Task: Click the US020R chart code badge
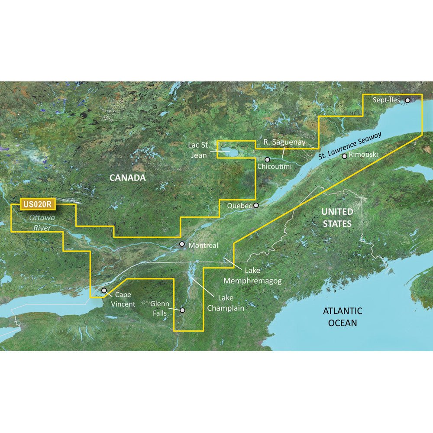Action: click(35, 203)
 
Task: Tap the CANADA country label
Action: click(127, 178)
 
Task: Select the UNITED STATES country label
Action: click(337, 217)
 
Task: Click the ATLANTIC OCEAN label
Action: click(342, 317)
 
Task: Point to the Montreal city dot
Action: click(182, 244)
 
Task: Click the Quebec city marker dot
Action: click(256, 206)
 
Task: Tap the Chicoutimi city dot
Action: click(268, 159)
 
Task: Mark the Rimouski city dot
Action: click(344, 156)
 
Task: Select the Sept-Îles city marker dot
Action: click(407, 100)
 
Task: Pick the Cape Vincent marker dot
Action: click(104, 291)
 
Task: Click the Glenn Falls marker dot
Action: click(183, 310)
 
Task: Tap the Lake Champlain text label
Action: click(225, 303)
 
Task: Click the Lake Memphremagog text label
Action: click(252, 276)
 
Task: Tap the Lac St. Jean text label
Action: click(200, 149)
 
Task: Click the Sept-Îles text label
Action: click(387, 100)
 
